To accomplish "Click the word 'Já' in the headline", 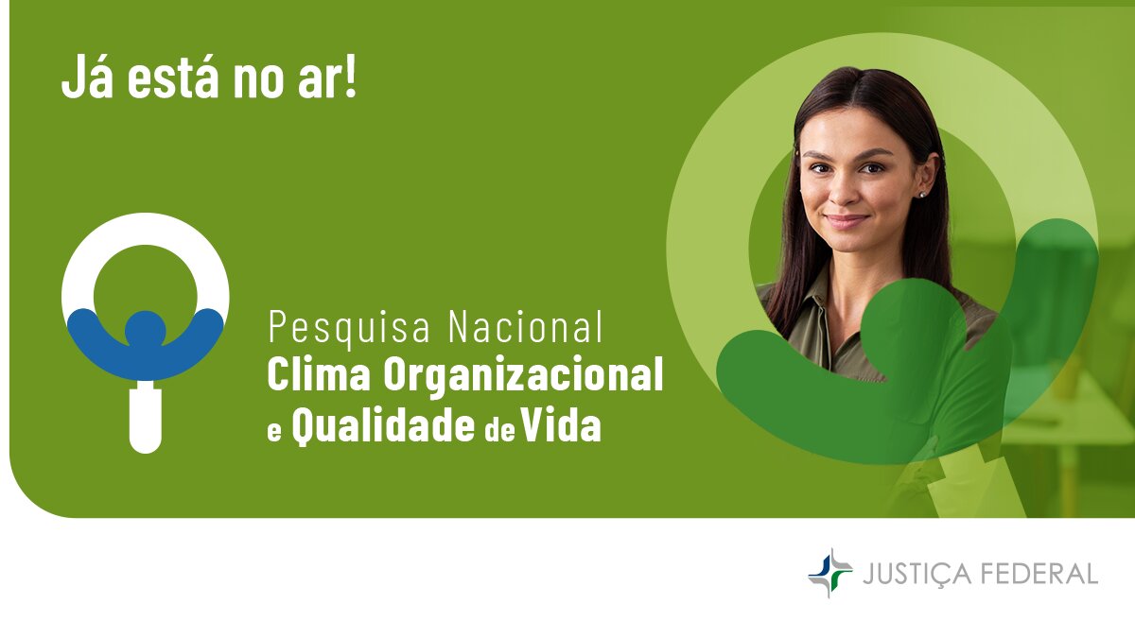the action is tap(87, 77).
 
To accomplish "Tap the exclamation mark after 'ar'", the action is tap(350, 75).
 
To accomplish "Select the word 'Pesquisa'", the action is tap(349, 328).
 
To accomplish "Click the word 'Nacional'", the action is tap(526, 327).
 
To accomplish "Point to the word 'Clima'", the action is tap(319, 373).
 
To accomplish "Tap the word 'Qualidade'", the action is tap(383, 426).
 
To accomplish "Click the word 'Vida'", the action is tap(561, 424).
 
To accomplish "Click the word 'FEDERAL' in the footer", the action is tap(1039, 573).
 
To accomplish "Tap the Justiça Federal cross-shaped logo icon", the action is tap(830, 573).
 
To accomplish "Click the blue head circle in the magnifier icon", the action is tap(146, 330).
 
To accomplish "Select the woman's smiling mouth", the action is tap(846, 221).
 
